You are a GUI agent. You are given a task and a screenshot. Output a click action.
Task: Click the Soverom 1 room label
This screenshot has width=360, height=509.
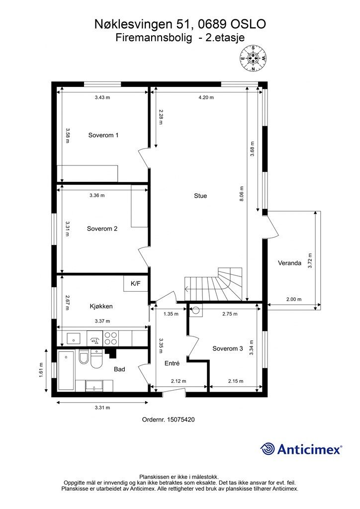click(103, 135)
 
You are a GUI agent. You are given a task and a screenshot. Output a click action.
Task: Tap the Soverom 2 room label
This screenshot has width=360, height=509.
click(102, 229)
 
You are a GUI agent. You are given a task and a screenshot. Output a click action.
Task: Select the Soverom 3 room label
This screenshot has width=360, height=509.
click(228, 348)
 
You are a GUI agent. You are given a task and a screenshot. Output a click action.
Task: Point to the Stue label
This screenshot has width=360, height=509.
click(200, 196)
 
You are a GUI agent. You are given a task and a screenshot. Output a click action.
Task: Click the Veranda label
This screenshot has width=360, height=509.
click(289, 263)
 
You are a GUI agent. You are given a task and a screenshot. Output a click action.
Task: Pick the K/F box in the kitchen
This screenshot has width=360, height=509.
click(136, 283)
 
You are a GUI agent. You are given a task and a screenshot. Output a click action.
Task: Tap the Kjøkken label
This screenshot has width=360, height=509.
click(101, 306)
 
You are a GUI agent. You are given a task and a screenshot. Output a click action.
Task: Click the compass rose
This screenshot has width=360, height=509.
click(253, 59)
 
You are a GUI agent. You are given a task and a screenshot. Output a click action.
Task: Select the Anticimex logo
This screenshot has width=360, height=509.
click(301, 449)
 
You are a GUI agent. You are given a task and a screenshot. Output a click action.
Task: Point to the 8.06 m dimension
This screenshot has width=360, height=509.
click(242, 194)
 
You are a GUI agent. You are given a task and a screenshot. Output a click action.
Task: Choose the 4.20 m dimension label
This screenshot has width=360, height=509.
click(206, 97)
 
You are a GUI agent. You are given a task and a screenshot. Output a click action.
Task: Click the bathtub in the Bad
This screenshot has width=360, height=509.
click(66, 370)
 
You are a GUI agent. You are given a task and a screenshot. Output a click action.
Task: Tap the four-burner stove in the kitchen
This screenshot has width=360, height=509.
click(111, 338)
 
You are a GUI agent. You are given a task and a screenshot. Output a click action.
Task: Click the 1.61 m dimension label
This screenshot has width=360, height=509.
click(41, 370)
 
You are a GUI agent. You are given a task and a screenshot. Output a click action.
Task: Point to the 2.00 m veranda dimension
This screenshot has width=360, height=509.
click(294, 299)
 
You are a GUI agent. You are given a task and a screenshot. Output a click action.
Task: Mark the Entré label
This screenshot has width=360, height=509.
click(172, 363)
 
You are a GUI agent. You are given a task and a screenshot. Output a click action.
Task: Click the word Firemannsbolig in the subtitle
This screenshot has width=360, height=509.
click(154, 38)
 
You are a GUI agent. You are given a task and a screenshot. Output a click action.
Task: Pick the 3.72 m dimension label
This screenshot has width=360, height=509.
click(310, 260)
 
